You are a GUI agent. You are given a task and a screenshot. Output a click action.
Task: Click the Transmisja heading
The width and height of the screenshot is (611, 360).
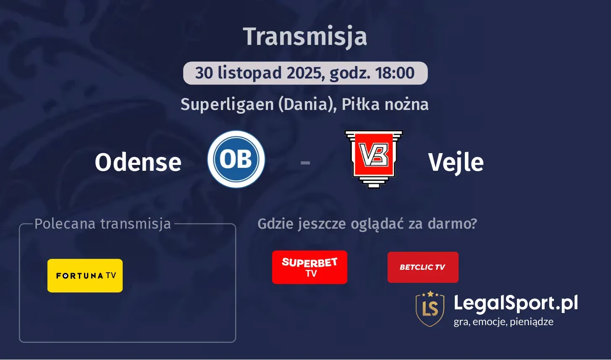[x=305, y=37]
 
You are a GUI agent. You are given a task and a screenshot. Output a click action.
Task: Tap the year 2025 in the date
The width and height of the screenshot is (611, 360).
[x=305, y=73]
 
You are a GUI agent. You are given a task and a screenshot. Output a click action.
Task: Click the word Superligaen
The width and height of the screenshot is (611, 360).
[x=227, y=104]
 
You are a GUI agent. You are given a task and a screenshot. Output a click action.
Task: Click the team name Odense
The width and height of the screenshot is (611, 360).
[x=138, y=162]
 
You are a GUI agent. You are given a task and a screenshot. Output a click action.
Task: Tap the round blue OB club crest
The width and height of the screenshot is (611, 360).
[x=236, y=159]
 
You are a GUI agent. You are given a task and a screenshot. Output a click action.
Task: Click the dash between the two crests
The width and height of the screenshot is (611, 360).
[x=305, y=162]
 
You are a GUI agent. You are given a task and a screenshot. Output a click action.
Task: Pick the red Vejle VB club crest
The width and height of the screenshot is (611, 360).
[x=374, y=159]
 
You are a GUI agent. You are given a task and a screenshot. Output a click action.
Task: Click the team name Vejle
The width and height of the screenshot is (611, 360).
[x=456, y=162]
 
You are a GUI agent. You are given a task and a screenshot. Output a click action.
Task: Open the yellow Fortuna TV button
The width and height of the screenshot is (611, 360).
[x=85, y=276]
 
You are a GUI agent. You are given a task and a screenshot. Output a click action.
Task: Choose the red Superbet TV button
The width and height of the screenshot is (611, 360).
[x=309, y=267]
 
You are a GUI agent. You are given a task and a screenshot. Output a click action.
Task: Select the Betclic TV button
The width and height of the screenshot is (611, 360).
[x=423, y=267]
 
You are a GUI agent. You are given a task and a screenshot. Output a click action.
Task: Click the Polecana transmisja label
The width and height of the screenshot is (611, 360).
[x=103, y=224]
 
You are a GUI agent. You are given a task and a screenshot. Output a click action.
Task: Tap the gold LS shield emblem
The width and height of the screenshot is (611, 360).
[x=430, y=308]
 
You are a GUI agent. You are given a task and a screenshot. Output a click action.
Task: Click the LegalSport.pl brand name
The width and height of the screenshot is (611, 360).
[x=516, y=303]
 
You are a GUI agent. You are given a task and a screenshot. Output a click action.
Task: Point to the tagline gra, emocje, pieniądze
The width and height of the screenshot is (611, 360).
[x=503, y=322]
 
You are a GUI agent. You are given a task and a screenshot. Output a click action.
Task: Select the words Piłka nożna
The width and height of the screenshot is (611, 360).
[x=385, y=104]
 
